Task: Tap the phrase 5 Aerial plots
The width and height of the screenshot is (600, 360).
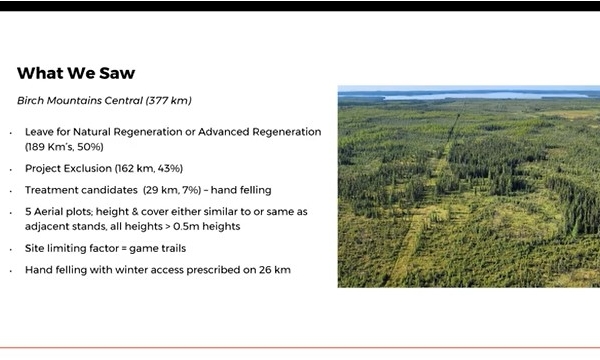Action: click(x=59, y=211)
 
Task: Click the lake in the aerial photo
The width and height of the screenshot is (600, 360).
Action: click(x=470, y=96)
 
